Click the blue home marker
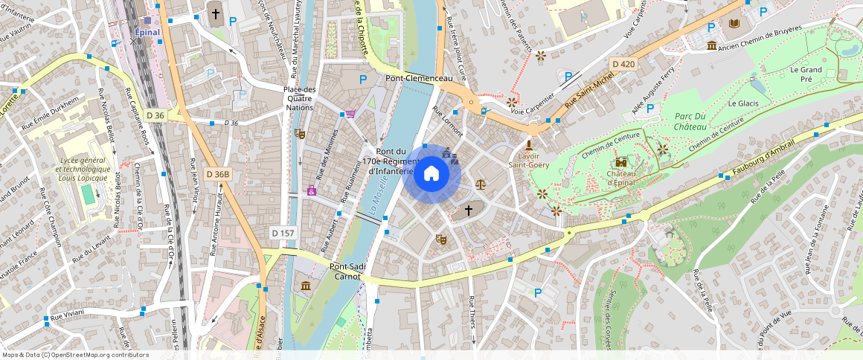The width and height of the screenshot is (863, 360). tap(431, 174)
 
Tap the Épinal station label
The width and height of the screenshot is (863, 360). tap(147, 32)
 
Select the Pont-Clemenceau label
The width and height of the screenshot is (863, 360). tap(419, 78)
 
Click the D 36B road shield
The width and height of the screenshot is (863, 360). tap(218, 174)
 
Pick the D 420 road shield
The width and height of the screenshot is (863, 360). tap(622, 64)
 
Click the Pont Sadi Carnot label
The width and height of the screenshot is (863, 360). tap(347, 271)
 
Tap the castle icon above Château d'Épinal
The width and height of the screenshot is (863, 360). tap(620, 163)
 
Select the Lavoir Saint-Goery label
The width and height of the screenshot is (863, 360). tap(529, 160)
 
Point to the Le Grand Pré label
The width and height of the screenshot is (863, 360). tap(806, 74)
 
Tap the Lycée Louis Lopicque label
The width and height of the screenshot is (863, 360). tap(83, 169)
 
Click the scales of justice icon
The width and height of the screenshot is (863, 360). tap(480, 183)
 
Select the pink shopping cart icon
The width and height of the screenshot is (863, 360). tap(350, 114)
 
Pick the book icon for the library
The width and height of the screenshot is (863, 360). tap(735, 24)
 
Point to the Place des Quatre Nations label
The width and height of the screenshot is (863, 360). tap(300, 98)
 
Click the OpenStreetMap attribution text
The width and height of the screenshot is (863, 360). tap(74, 355)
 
